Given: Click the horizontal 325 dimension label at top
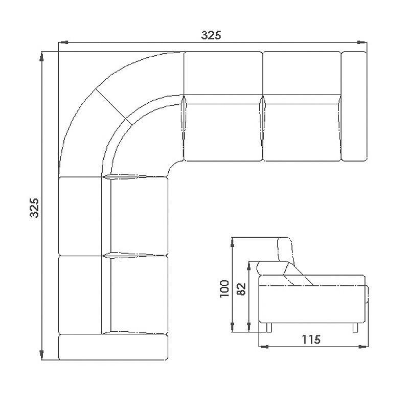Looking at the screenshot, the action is pyautogui.click(x=211, y=35).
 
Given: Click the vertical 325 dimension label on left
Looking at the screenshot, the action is pyautogui.click(x=34, y=208).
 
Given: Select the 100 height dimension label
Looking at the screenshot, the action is pyautogui.click(x=224, y=288).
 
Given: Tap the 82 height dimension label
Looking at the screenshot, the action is pyautogui.click(x=241, y=289).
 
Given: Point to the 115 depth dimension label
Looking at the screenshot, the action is pyautogui.click(x=311, y=339).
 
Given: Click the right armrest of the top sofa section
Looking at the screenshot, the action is pyautogui.click(x=354, y=106).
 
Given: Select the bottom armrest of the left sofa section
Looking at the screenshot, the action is pyautogui.click(x=113, y=347).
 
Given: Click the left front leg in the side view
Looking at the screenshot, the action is pyautogui.click(x=269, y=328).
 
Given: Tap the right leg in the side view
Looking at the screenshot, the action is pyautogui.click(x=355, y=328).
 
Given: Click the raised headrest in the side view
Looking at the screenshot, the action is pyautogui.click(x=286, y=249).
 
